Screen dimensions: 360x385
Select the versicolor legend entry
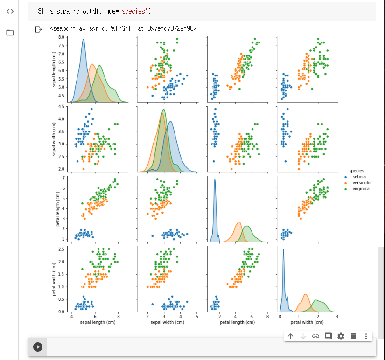coord(362,183)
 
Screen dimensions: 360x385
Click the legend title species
coord(357,171)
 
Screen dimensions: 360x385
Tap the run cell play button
coord(38,346)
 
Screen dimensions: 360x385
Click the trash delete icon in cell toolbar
coord(353,336)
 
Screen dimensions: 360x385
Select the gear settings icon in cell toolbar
coord(341,336)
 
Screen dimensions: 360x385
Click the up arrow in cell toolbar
coord(290,336)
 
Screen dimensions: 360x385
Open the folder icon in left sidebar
coord(10,33)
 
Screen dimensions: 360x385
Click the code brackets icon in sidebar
coord(10,11)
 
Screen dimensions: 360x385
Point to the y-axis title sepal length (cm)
coord(55,68)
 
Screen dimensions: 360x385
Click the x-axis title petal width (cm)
coord(306,322)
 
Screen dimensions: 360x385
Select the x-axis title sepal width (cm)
coord(167,322)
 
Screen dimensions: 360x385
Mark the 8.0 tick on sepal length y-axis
coord(62,37)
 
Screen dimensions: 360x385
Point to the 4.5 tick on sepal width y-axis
coord(62,106)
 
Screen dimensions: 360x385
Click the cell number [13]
coord(37,11)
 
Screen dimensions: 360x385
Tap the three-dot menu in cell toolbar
coord(366,336)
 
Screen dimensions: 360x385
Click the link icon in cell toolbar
coord(315,336)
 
